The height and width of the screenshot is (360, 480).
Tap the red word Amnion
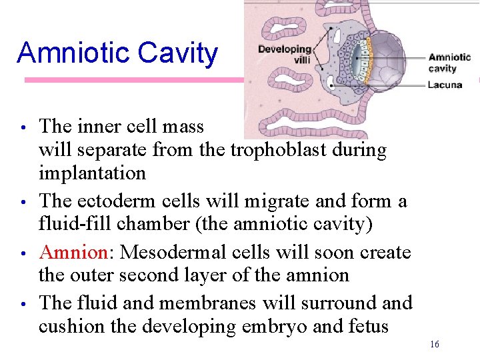73,252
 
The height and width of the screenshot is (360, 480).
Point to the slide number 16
435,344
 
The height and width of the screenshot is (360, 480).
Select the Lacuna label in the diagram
445,85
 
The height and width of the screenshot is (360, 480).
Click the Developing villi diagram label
285,54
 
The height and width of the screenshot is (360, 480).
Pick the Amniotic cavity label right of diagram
449,63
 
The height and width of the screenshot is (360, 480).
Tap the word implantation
92,173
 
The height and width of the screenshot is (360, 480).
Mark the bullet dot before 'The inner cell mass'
23,127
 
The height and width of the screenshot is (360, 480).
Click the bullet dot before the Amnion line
23,253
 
